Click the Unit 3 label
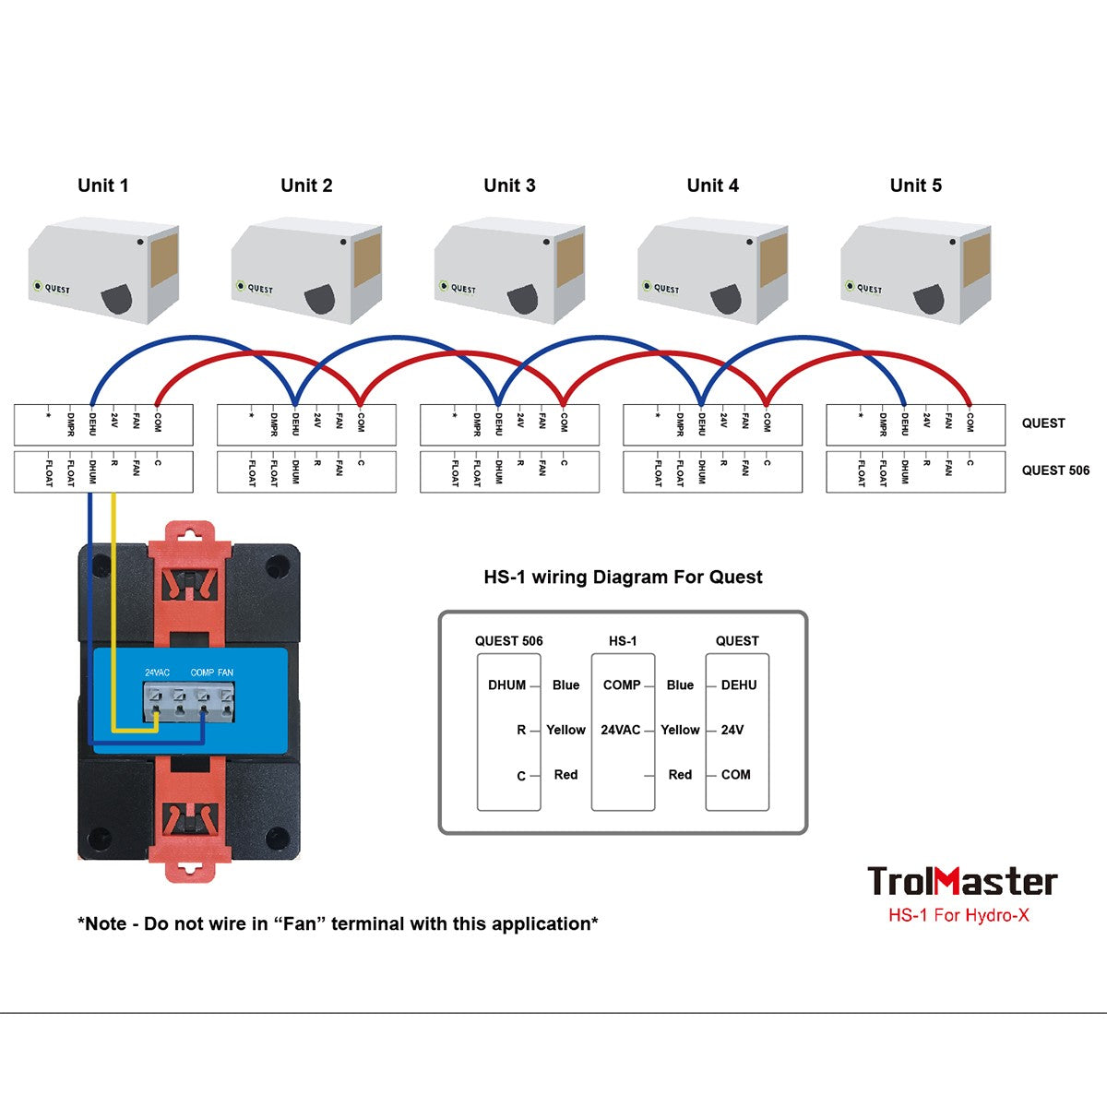509,185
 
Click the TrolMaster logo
962,882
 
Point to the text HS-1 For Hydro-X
958,916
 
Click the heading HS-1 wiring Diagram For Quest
623,577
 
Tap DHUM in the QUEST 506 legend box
506,685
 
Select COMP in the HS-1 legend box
622,685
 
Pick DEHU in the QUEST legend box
739,685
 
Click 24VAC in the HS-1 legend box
620,730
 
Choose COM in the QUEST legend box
736,775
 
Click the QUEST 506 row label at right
1055,470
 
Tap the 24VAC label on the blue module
157,673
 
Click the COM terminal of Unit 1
158,422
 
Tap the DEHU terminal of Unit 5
905,422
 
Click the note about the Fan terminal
338,924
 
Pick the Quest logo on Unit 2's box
255,288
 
